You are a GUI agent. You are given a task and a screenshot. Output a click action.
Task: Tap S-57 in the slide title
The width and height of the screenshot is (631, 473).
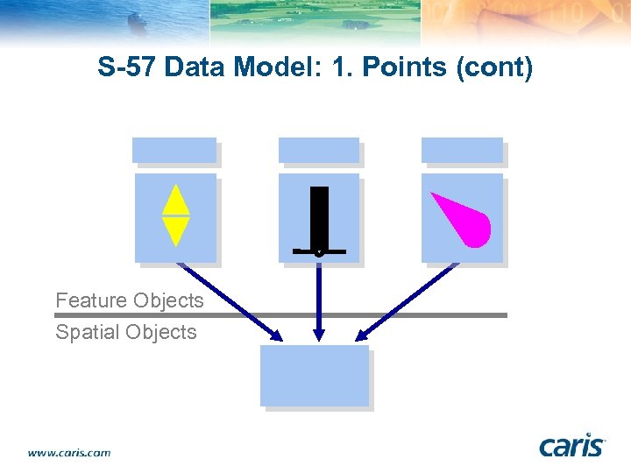pyautogui.click(x=126, y=67)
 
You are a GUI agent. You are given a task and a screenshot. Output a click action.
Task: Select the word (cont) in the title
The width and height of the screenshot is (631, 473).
pyautogui.click(x=494, y=67)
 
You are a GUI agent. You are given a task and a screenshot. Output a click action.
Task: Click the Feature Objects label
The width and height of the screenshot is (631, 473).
pyautogui.click(x=129, y=300)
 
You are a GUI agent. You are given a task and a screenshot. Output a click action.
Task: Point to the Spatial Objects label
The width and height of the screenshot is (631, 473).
pyautogui.click(x=125, y=332)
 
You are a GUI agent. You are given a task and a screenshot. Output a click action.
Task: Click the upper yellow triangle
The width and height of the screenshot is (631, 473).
pyautogui.click(x=176, y=201)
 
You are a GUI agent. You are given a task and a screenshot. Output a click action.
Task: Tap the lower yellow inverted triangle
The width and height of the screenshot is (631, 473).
pyautogui.click(x=176, y=230)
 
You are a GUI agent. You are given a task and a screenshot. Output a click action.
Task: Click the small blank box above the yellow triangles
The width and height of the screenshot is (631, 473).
pyautogui.click(x=174, y=150)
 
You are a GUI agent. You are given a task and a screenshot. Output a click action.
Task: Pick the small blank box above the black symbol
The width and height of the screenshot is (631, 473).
pyautogui.click(x=319, y=150)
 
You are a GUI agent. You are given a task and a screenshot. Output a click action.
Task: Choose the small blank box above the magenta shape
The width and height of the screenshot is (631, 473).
pyautogui.click(x=462, y=150)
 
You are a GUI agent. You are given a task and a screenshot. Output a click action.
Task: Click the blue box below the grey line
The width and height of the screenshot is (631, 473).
pyautogui.click(x=315, y=375)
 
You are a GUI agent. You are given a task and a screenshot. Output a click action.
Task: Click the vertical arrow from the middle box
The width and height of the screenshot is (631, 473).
pyautogui.click(x=319, y=302)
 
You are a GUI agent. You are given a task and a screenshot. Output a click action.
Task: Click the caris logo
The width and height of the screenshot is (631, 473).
pyautogui.click(x=572, y=446)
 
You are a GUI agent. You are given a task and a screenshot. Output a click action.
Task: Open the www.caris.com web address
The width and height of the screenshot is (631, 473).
pyautogui.click(x=69, y=453)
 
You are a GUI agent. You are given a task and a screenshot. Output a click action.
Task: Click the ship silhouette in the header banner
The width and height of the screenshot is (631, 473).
pyautogui.click(x=138, y=21)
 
